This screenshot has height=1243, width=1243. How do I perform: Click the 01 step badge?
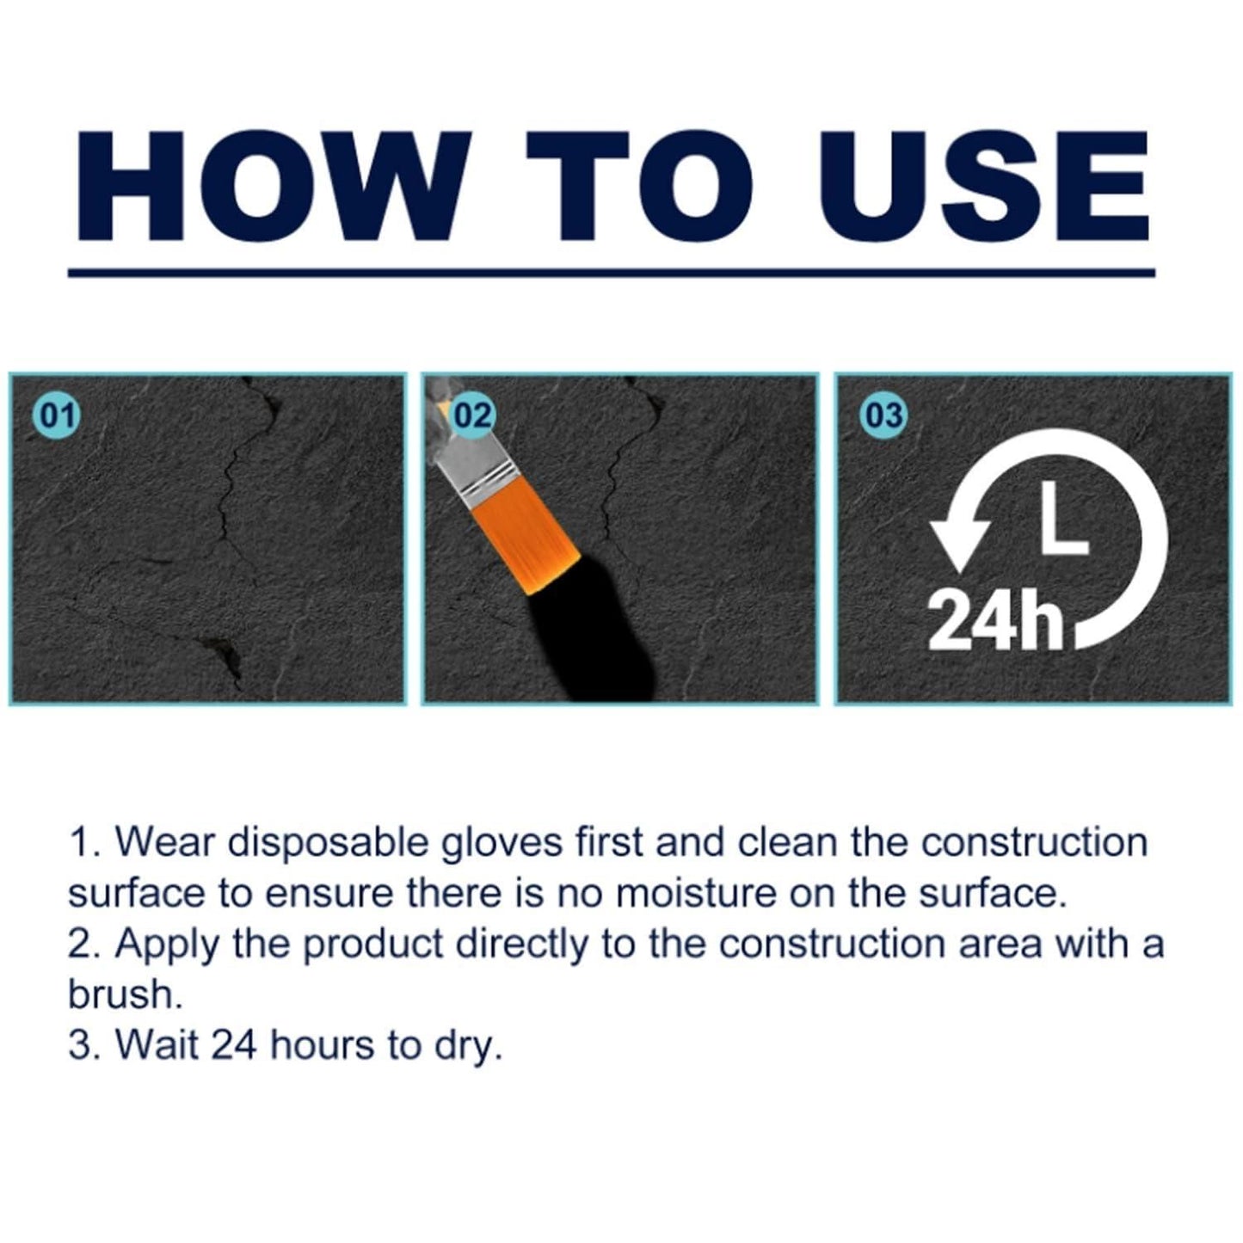tap(57, 415)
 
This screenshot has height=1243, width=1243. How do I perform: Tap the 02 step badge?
tap(472, 415)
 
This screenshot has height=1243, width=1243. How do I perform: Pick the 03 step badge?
tap(883, 415)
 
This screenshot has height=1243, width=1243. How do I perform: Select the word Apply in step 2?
tap(168, 945)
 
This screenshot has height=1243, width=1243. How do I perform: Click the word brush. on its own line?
tap(126, 994)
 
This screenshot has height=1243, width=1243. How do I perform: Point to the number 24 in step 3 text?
tap(233, 1045)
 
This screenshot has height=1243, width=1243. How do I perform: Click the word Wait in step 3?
tap(157, 1045)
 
